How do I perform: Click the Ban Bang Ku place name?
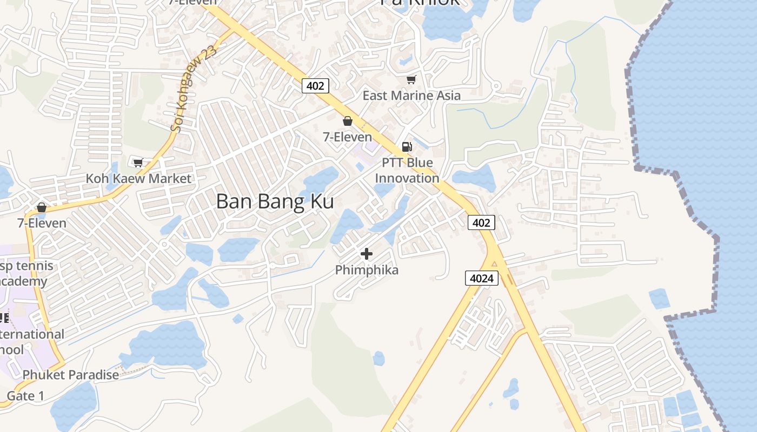tap(275, 201)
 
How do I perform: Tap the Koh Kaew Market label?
tap(139, 178)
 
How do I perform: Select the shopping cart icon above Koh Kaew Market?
tap(138, 163)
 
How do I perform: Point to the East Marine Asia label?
tap(411, 96)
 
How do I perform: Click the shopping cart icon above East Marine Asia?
tap(411, 80)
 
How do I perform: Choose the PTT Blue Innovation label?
tap(407, 170)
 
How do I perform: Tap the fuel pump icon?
tap(407, 146)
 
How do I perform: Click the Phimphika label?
tap(367, 269)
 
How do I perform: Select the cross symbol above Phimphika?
tap(367, 253)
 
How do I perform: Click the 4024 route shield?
tap(481, 279)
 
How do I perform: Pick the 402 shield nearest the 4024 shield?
tap(481, 222)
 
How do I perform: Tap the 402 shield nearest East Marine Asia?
tap(315, 85)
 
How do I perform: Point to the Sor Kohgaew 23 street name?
tap(193, 89)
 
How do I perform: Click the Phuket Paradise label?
tap(71, 375)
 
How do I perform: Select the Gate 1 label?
tap(25, 396)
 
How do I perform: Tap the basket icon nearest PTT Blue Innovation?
tap(348, 121)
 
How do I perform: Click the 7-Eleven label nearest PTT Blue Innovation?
tap(348, 137)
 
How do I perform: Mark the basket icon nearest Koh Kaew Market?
tap(42, 207)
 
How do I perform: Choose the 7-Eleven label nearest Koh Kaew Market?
tap(42, 223)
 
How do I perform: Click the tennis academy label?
tap(27, 273)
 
